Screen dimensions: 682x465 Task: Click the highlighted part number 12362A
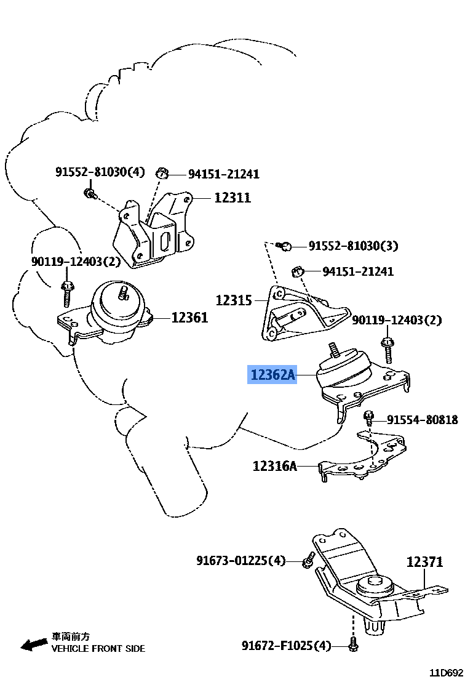pyautogui.click(x=272, y=374)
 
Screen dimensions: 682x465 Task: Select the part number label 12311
pyautogui.click(x=232, y=198)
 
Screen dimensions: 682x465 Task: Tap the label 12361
pyautogui.click(x=189, y=318)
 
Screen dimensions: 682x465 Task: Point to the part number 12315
pyautogui.click(x=234, y=301)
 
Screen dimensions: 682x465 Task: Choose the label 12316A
pyautogui.click(x=274, y=466)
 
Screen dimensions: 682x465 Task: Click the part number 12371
pyautogui.click(x=424, y=561)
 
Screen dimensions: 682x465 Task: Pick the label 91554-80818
pyautogui.click(x=422, y=420)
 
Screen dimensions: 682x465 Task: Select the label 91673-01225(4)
pyautogui.click(x=241, y=561)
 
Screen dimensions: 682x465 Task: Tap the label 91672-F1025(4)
pyautogui.click(x=286, y=646)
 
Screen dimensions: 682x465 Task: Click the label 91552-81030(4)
pyautogui.click(x=100, y=172)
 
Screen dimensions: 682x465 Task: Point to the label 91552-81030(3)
pyautogui.click(x=353, y=246)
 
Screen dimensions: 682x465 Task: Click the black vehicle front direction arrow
pyautogui.click(x=34, y=644)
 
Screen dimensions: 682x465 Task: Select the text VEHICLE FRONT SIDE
pyautogui.click(x=98, y=648)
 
